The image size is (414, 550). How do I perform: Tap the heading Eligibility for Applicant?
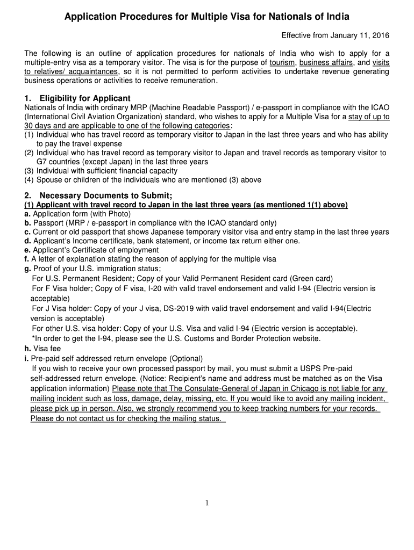point(85,98)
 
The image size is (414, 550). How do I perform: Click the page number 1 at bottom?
point(207,503)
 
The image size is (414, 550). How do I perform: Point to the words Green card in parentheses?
point(312,278)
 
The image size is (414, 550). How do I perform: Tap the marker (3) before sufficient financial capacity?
point(29,171)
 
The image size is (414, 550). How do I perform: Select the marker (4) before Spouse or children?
point(29,180)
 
